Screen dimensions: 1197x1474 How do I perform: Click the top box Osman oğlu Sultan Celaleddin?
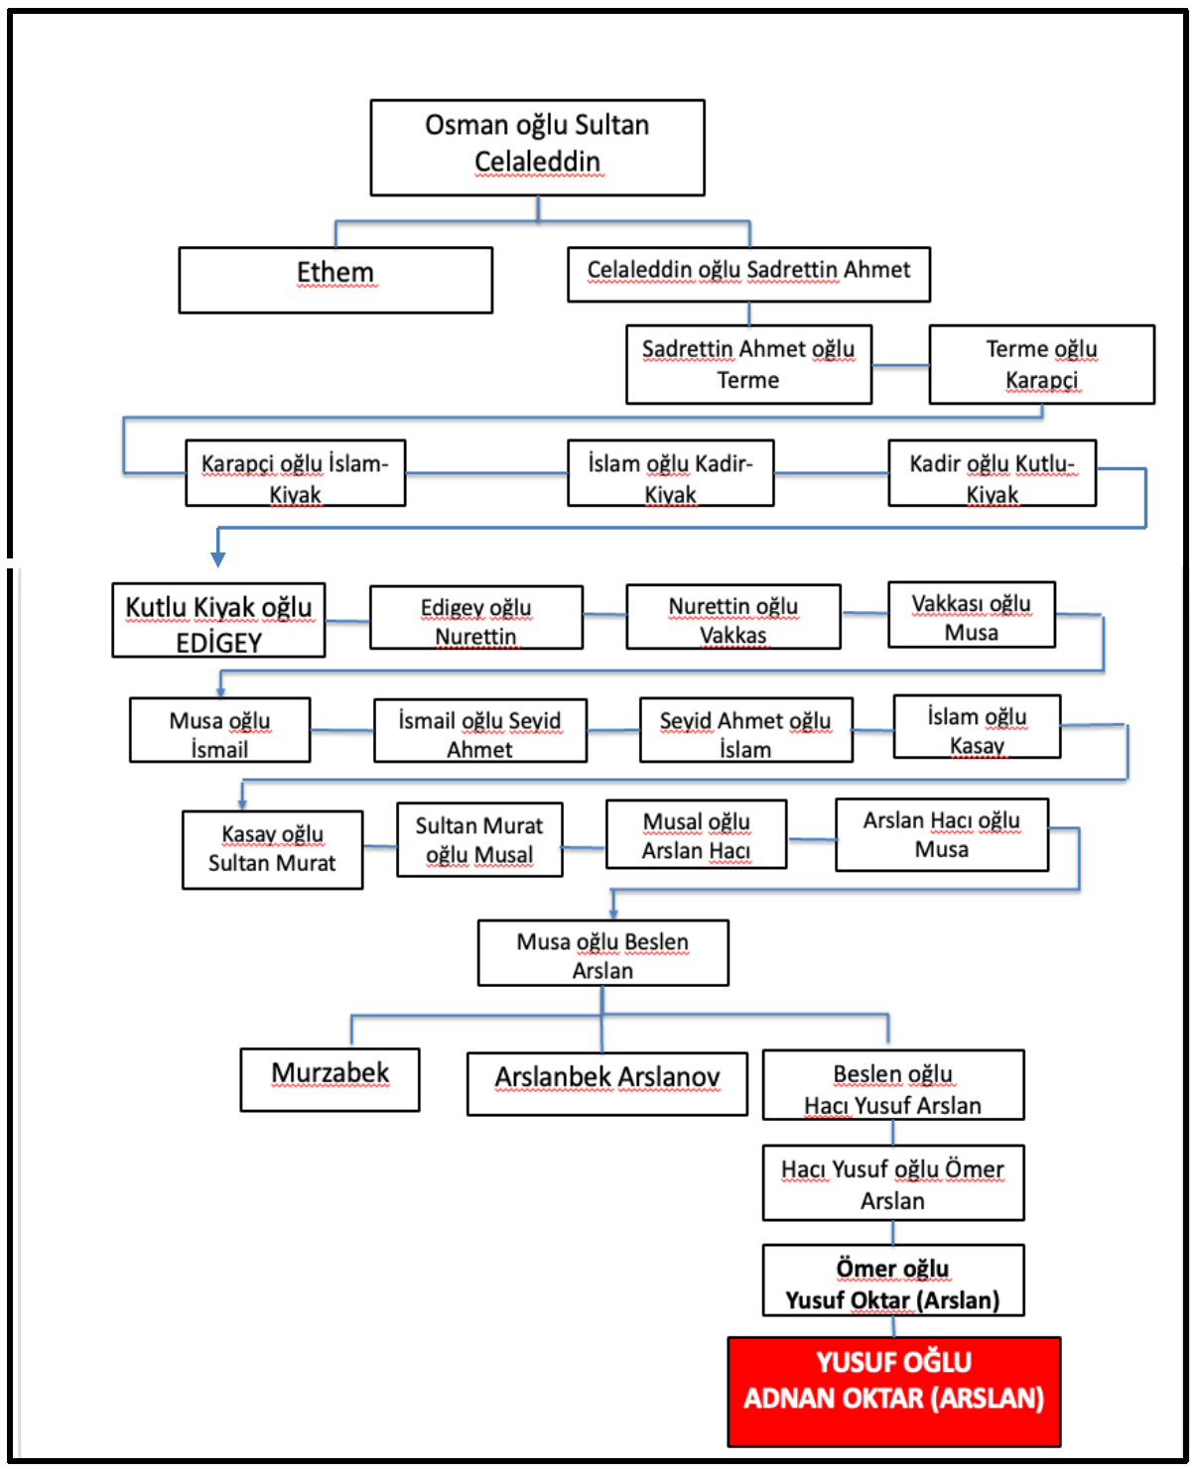[x=537, y=148]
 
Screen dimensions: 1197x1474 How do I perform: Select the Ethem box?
[x=335, y=280]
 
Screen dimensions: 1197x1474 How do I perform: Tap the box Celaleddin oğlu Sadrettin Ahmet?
[x=748, y=274]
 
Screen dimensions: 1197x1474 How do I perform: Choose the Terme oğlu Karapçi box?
[x=1041, y=364]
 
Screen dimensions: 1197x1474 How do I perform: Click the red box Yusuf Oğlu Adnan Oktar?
[x=893, y=1391]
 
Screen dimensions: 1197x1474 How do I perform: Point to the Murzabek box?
[x=330, y=1079]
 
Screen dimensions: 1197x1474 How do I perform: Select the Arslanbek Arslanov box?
[x=607, y=1084]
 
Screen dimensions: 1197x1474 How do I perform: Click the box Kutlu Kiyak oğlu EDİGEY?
[x=218, y=619]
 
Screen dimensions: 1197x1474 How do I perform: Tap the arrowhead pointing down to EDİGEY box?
[x=218, y=559]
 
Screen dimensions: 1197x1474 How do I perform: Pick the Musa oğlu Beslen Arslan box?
[x=603, y=952]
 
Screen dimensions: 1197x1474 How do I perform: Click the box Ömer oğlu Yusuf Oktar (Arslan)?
[x=893, y=1280]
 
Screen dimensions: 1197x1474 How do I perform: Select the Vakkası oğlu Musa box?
[x=972, y=615]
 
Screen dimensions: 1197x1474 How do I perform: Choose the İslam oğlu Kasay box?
[x=977, y=727]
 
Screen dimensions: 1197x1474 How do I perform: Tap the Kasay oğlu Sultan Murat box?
[x=272, y=849]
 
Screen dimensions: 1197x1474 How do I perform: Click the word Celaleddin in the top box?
[x=537, y=162]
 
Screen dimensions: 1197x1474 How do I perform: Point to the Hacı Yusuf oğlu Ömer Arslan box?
[x=893, y=1182]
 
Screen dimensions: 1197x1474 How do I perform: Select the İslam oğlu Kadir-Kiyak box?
[x=670, y=472]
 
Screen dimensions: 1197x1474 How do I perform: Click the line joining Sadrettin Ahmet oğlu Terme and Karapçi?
[x=900, y=365]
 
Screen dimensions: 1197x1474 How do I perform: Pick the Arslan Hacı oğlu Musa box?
[x=942, y=834]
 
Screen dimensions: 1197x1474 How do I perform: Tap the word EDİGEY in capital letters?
[x=218, y=643]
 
